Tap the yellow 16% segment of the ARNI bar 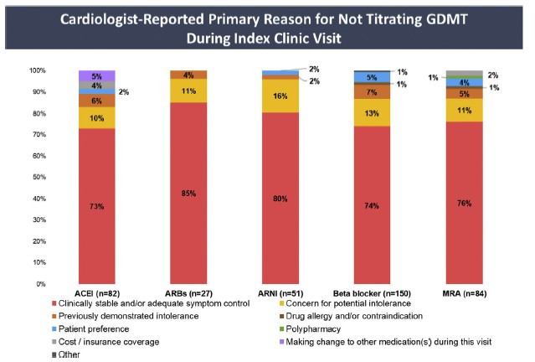tap(280, 96)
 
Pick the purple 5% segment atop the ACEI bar tap(96, 75)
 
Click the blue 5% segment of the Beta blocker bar tap(371, 77)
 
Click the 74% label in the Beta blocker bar tap(371, 204)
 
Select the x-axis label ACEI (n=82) tap(96, 293)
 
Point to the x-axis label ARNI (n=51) tap(280, 293)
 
